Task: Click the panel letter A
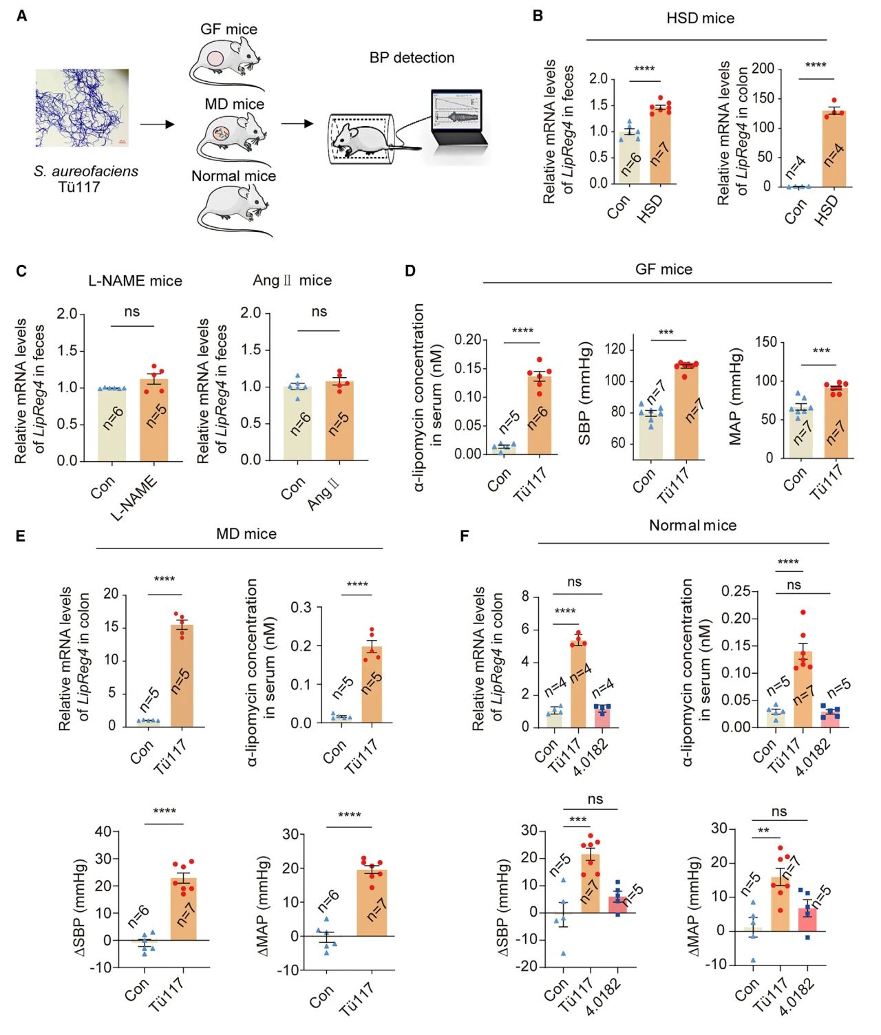tap(21, 15)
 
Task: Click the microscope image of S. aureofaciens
tap(83, 107)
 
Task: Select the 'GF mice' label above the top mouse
tap(229, 30)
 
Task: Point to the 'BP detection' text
tap(412, 58)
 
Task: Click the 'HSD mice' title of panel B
tap(700, 19)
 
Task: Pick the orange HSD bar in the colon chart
tap(834, 149)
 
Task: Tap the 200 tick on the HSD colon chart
tap(763, 69)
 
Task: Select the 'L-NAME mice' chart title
tap(135, 281)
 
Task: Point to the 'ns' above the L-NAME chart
tap(132, 312)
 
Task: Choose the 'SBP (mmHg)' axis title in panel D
tap(585, 393)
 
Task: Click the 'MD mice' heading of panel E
tap(246, 534)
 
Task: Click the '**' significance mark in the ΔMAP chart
tap(763, 831)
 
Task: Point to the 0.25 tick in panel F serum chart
tap(735, 591)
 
